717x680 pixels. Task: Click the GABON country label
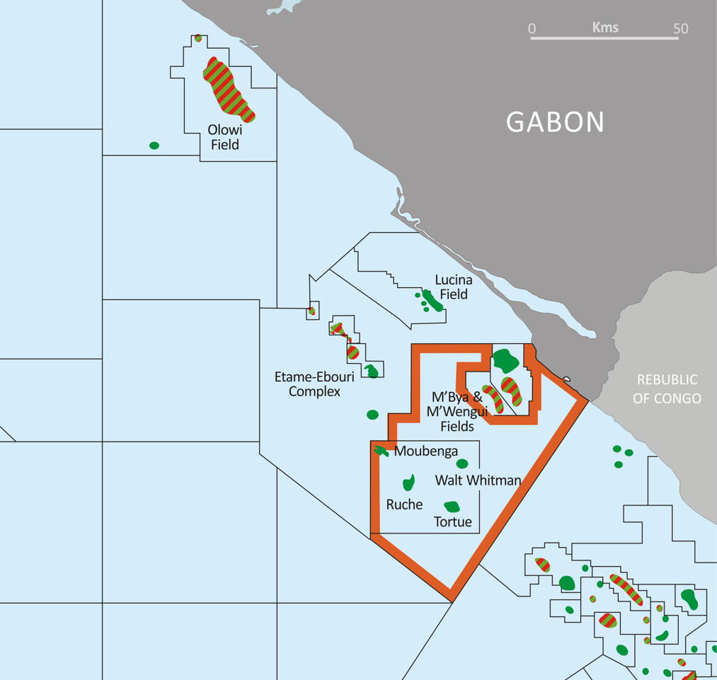555,122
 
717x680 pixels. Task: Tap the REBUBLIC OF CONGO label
667,389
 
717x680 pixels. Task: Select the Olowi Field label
224,137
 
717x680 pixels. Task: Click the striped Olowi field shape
228,88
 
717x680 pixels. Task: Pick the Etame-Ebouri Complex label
314,384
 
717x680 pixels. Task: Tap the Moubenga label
426,451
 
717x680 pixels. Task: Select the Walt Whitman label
478,480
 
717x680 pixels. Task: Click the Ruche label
404,505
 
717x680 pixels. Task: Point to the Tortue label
452,522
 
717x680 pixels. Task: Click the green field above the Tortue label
452,507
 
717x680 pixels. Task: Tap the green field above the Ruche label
408,483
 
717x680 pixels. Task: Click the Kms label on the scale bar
605,28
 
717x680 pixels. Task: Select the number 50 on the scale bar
680,29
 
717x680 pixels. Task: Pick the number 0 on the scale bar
532,29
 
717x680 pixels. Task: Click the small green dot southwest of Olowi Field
154,146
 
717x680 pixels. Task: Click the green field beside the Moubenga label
382,451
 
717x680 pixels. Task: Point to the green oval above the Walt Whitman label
462,464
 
